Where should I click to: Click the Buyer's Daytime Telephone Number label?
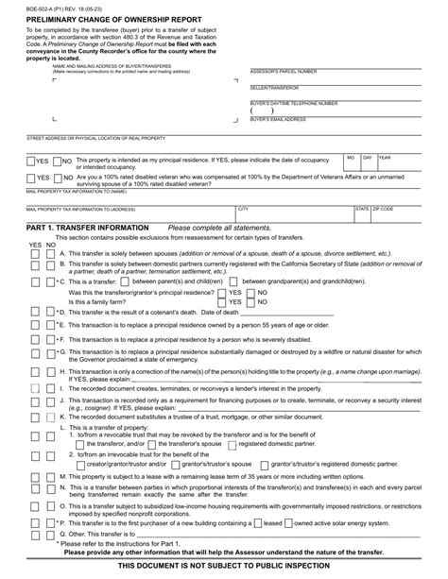(294, 100)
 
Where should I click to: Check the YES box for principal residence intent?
(32, 162)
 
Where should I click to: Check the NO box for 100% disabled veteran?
(57, 177)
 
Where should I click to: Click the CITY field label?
(244, 207)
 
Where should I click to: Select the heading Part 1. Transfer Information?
(87, 229)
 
